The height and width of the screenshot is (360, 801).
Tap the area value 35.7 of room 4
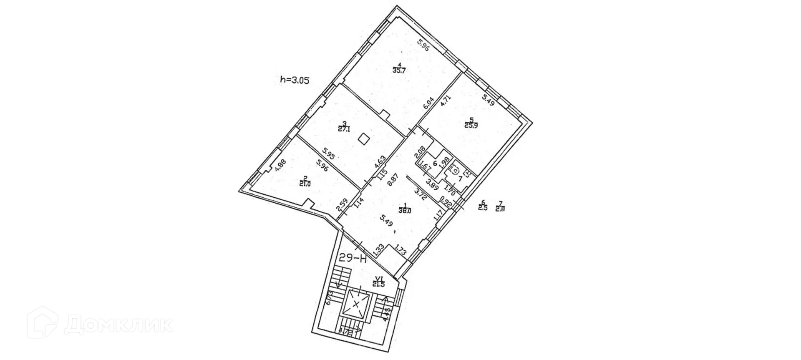[x=399, y=70]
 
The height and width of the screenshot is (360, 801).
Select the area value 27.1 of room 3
[x=344, y=129]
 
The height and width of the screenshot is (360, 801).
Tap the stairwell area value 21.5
[x=378, y=284]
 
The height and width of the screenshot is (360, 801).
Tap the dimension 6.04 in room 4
[x=428, y=103]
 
